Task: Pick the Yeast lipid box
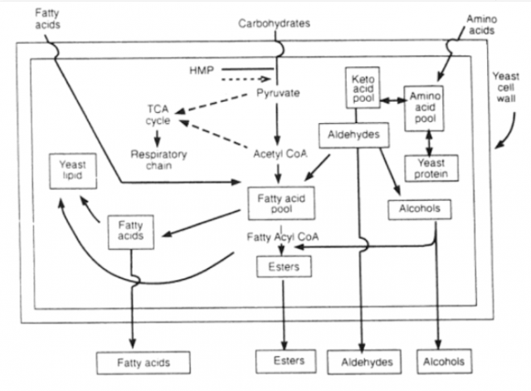(x=74, y=171)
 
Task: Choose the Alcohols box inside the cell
(x=412, y=209)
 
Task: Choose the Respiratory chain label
(x=158, y=159)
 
